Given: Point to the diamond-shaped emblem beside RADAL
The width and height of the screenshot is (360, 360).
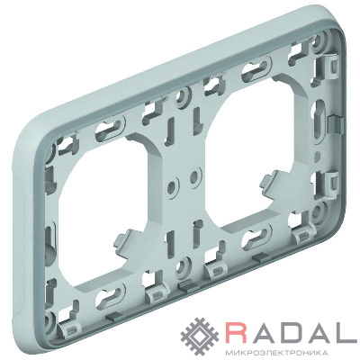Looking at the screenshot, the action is click(201, 335).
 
